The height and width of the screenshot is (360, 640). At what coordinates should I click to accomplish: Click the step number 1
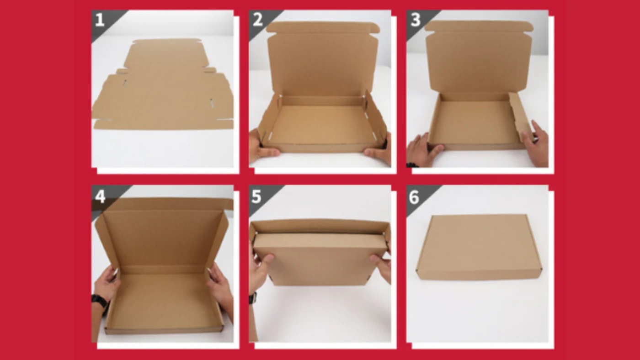click(100, 20)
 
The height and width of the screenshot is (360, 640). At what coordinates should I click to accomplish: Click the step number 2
click(257, 20)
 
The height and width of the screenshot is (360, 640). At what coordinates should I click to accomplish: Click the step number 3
click(415, 20)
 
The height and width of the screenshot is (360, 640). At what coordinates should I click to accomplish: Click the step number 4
click(100, 197)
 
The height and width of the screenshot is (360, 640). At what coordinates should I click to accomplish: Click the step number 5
click(256, 197)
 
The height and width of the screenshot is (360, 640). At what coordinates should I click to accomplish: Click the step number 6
click(414, 197)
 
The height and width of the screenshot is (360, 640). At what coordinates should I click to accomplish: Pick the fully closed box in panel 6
click(479, 247)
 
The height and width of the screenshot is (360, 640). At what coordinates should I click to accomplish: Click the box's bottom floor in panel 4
click(162, 300)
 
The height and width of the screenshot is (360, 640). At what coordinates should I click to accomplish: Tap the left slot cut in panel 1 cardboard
click(125, 83)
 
